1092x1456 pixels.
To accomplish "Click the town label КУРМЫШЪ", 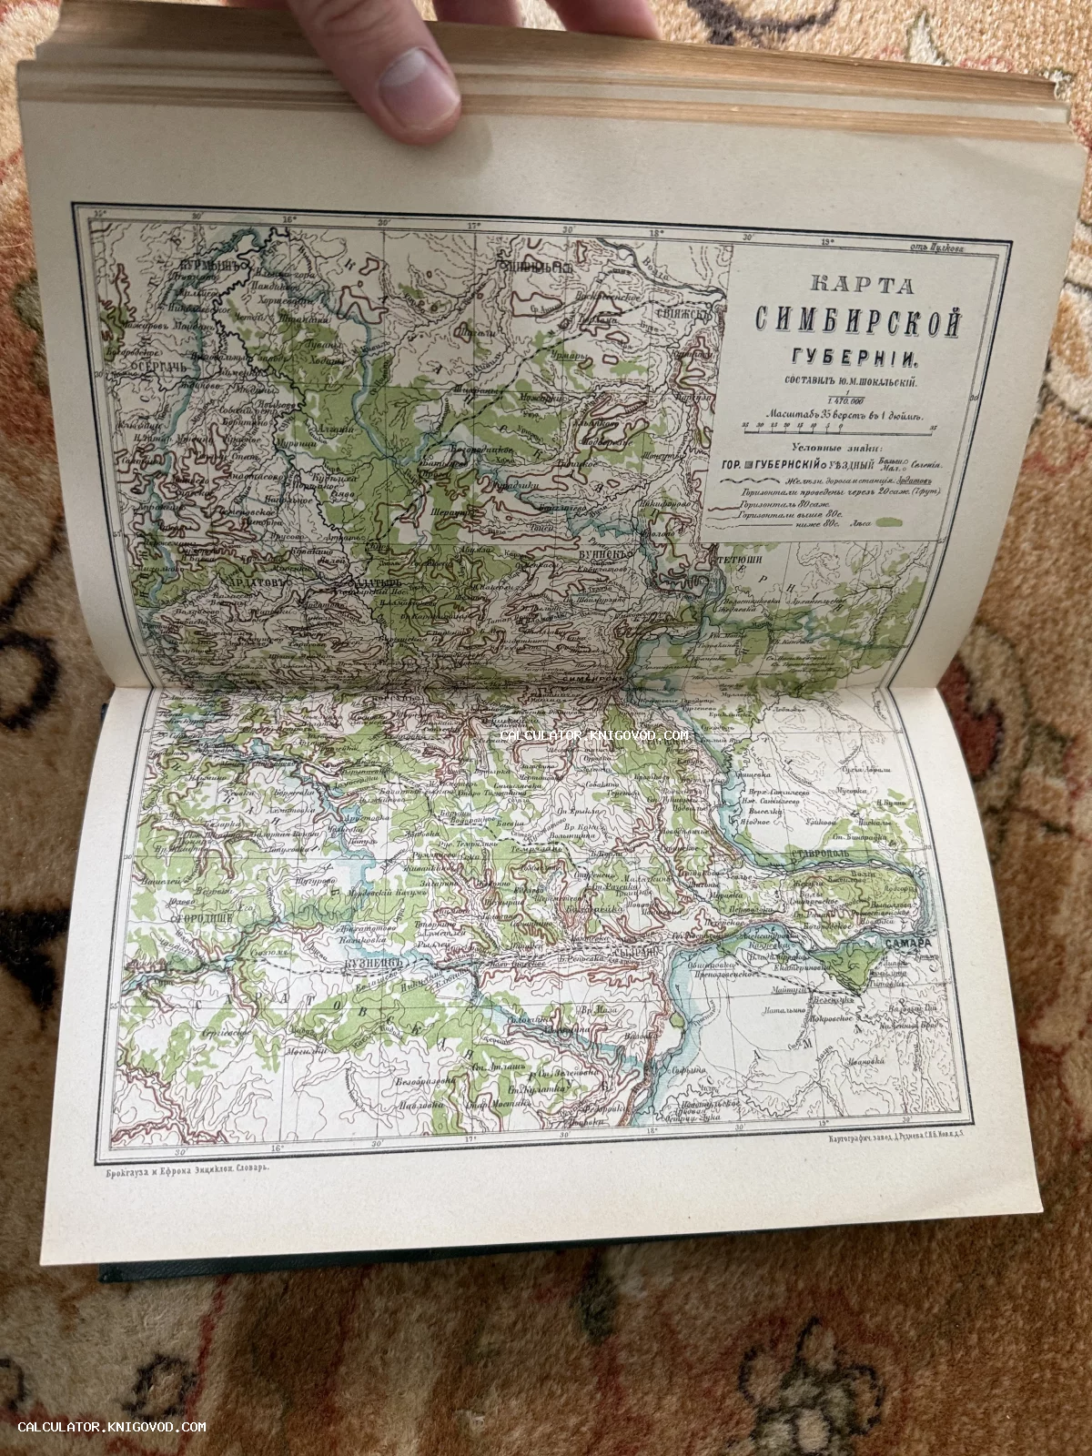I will (x=201, y=265).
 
